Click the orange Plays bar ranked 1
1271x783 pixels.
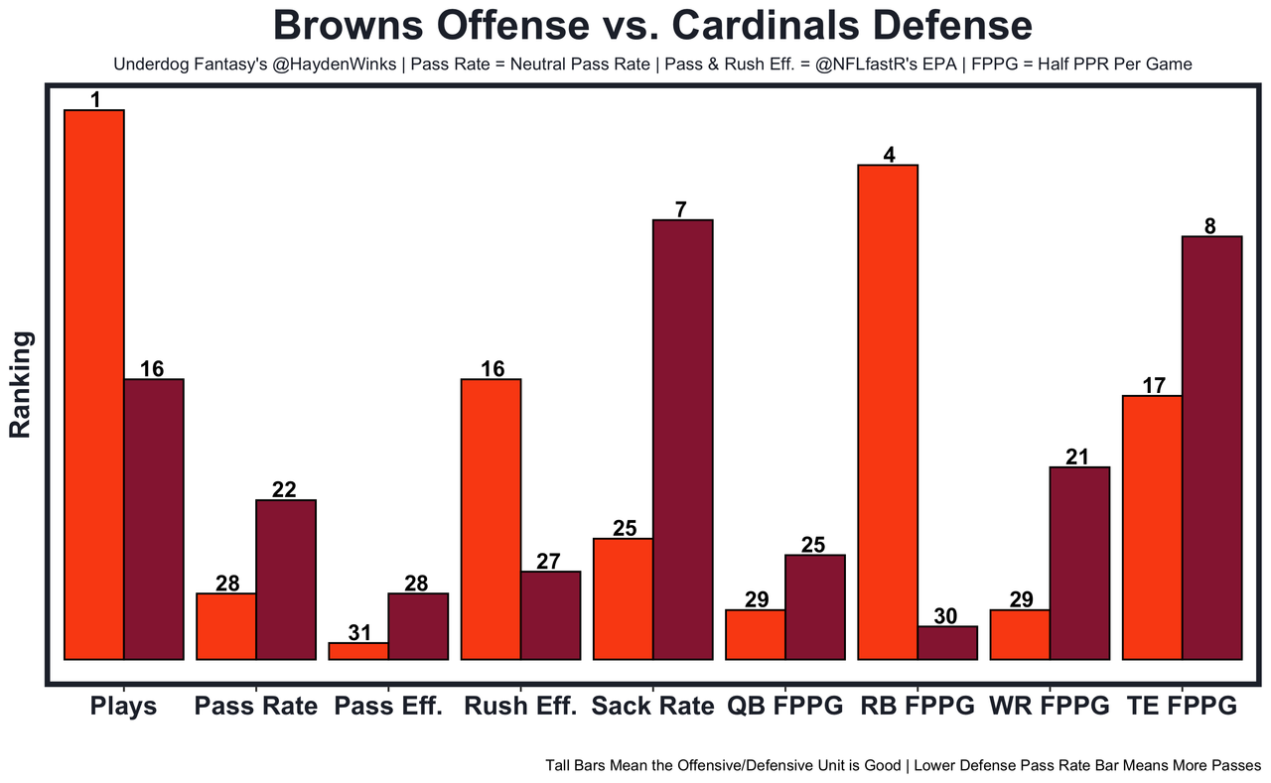click(x=94, y=384)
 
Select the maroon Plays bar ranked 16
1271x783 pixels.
click(x=153, y=518)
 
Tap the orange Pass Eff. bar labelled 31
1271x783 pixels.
click(x=358, y=651)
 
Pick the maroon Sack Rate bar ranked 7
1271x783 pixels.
click(x=682, y=439)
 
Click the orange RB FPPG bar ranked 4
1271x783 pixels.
click(x=888, y=412)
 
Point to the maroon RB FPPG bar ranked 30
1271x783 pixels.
click(x=947, y=642)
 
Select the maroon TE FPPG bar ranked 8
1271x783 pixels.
click(x=1211, y=447)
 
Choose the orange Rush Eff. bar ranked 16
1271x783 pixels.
click(x=492, y=518)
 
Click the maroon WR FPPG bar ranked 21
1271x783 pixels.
click(x=1079, y=562)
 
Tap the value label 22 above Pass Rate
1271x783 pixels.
click(x=285, y=489)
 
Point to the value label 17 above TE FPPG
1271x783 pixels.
click(x=1153, y=385)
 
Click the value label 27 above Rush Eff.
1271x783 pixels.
click(x=549, y=561)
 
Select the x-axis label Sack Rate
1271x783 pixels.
click(x=652, y=707)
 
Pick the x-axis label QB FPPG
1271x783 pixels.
click(x=784, y=707)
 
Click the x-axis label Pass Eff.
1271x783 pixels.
click(x=387, y=707)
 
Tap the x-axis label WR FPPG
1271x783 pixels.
click(x=1050, y=707)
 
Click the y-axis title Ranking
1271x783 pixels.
click(x=21, y=385)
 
